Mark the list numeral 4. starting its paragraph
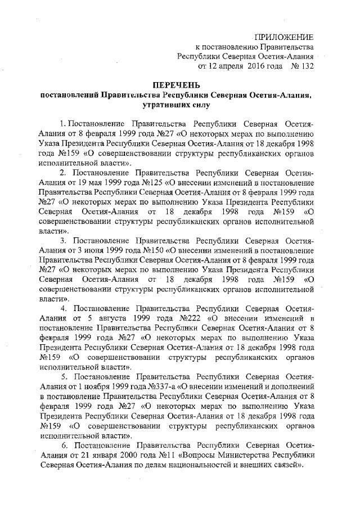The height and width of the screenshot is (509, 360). click(x=64, y=308)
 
